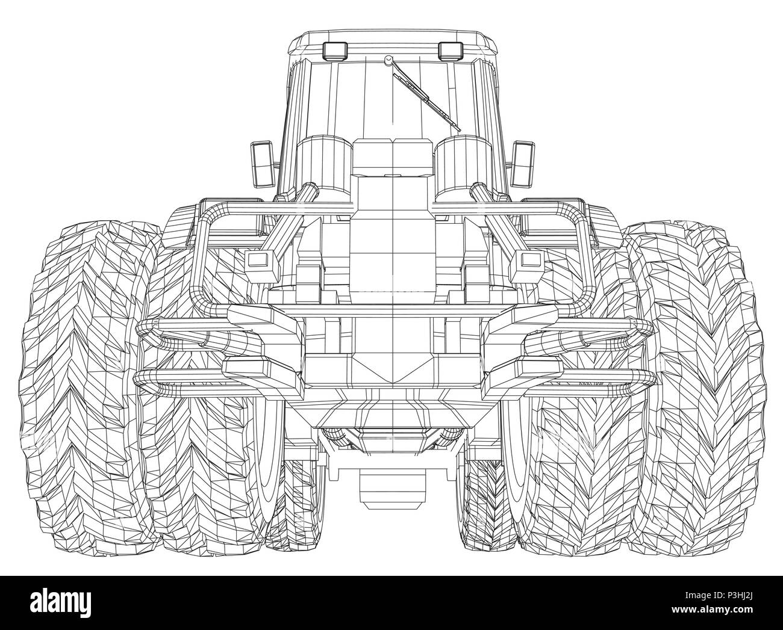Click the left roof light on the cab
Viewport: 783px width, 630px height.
click(335, 51)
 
